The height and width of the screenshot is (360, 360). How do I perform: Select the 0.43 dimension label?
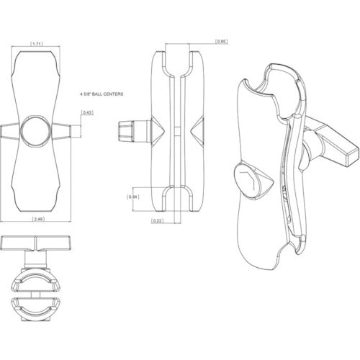87,113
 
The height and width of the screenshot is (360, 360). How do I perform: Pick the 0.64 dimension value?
132,197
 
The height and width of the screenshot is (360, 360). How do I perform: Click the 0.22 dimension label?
158,220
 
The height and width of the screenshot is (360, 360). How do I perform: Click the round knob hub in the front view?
36,131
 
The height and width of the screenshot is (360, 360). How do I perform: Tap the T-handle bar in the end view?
36,243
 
